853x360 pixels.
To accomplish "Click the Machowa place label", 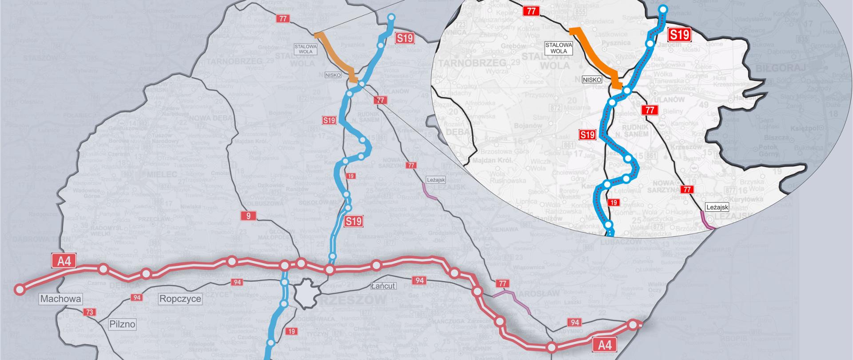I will coord(61,299).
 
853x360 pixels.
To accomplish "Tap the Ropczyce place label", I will coord(180,299).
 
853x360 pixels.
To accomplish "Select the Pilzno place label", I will coord(122,324).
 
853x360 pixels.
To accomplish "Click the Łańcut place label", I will coord(383,285).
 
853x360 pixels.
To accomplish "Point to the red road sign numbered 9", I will coord(248,216).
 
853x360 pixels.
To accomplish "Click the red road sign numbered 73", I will coord(90,312).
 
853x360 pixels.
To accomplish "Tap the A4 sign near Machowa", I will coord(64,261).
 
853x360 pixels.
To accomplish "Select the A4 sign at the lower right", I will coord(605,345).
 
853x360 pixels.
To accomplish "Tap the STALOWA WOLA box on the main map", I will coord(306,49).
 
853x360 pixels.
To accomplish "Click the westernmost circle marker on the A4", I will coord(19,289).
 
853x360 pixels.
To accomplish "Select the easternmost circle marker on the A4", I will coord(632,325).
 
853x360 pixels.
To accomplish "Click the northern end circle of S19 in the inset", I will coord(663,9).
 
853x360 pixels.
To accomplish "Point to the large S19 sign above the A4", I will coord(354,221).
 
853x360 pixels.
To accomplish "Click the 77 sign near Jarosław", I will coord(502,284).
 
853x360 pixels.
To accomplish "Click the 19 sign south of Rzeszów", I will coord(291,331).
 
